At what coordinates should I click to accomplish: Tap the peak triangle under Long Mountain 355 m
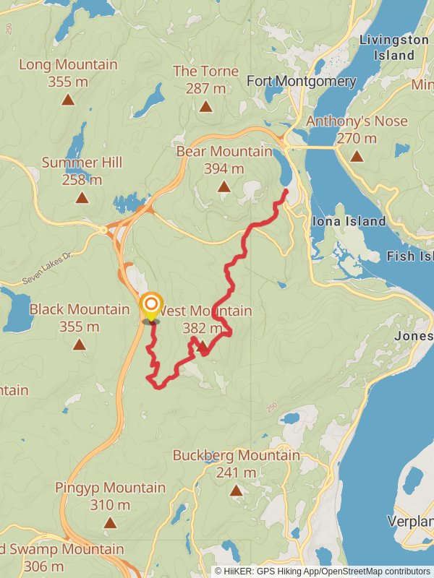pos(68,100)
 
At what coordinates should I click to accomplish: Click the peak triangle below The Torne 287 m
pos(206,106)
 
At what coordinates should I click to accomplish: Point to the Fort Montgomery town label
pos(302,81)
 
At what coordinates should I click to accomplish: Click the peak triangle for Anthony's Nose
pos(357,156)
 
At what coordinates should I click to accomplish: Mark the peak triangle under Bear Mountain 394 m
pos(224,187)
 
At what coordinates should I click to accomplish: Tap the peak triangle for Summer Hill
pos(82,197)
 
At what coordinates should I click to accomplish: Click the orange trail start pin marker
pos(151,306)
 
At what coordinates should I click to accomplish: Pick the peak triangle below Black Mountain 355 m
pos(80,345)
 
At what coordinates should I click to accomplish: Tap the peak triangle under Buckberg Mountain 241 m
pos(236,491)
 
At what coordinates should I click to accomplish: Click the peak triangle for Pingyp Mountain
pos(110,522)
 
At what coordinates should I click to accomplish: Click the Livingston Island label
pos(394,47)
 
